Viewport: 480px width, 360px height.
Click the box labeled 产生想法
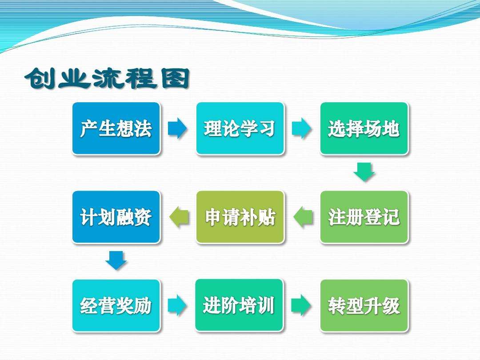116,128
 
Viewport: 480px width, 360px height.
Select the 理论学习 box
240,128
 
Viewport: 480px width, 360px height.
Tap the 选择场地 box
364,128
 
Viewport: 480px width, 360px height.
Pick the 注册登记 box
364,217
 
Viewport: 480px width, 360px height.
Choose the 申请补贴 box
240,217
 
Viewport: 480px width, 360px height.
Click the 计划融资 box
116,217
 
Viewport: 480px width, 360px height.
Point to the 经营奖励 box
116,305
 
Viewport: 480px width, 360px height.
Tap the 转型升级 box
364,305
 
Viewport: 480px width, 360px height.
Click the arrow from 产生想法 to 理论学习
178,128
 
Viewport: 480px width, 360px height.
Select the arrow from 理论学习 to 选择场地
302,128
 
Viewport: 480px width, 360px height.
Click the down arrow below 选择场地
364,172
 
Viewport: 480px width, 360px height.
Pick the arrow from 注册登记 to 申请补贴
303,217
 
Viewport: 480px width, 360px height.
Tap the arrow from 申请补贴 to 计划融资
179,217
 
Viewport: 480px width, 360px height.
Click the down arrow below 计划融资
116,260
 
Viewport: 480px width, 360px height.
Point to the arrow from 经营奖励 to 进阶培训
178,305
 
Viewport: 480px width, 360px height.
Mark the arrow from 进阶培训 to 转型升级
302,305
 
